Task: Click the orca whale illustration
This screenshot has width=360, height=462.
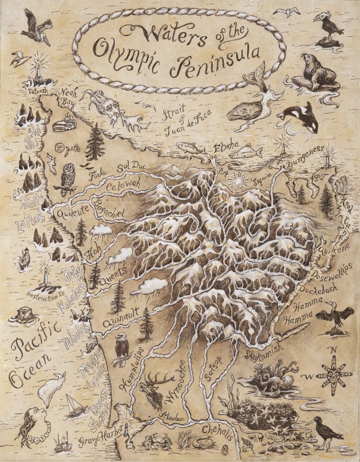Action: pos(300,116)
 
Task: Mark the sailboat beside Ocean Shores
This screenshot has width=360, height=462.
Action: pos(75,406)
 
